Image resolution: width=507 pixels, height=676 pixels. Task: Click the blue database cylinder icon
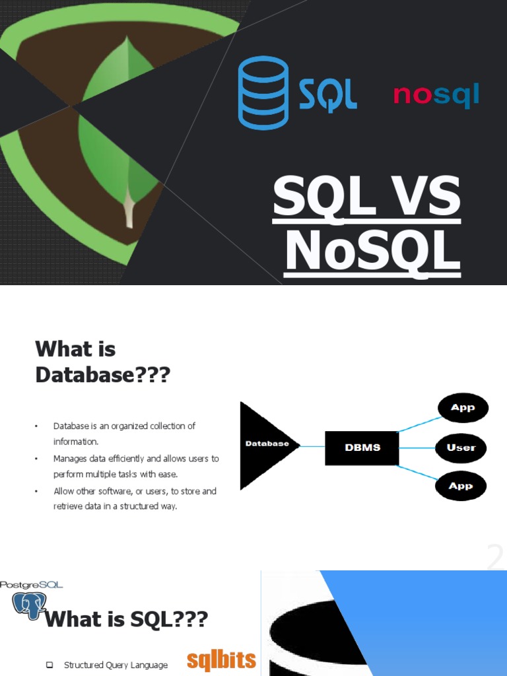point(263,92)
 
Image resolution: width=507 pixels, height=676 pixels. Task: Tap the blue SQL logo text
point(327,95)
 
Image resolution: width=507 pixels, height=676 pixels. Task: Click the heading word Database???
point(102,375)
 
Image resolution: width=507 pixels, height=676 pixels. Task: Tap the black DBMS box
point(362,447)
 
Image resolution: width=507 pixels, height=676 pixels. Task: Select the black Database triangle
point(264,445)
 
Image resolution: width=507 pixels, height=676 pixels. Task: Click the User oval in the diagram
point(461,448)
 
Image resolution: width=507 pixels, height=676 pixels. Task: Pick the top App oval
point(462,408)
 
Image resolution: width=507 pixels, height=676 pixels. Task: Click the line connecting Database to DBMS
point(312,446)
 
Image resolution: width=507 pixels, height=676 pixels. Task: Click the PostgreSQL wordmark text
point(32,584)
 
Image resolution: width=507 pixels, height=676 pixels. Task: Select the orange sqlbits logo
point(221,660)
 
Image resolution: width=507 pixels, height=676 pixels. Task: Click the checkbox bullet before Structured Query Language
point(50,665)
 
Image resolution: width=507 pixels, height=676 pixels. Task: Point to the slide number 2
point(495,558)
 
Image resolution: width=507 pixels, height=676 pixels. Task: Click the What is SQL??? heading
point(126,620)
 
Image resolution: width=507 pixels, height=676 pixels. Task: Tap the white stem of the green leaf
point(129,213)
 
